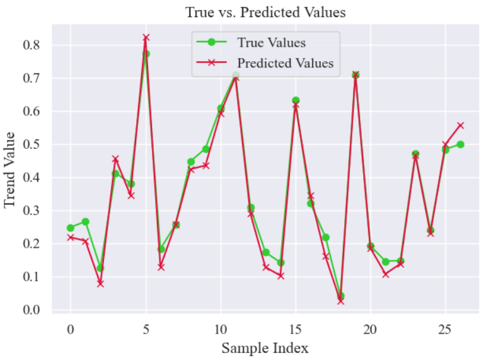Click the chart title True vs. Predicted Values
pos(265,13)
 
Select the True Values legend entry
pos(271,43)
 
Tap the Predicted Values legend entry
pos(285,63)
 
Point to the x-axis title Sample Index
pos(265,348)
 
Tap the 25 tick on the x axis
pos(445,329)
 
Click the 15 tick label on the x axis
pos(295,329)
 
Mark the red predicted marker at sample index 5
pos(146,38)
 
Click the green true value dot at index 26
pos(460,144)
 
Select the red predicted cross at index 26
pos(460,125)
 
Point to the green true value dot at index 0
pos(71,228)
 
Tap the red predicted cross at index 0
pos(71,237)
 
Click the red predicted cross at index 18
pos(340,301)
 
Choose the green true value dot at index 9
pos(205,149)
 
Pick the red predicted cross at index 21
pos(385,274)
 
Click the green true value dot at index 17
pos(325,238)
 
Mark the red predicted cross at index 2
pos(100,284)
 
